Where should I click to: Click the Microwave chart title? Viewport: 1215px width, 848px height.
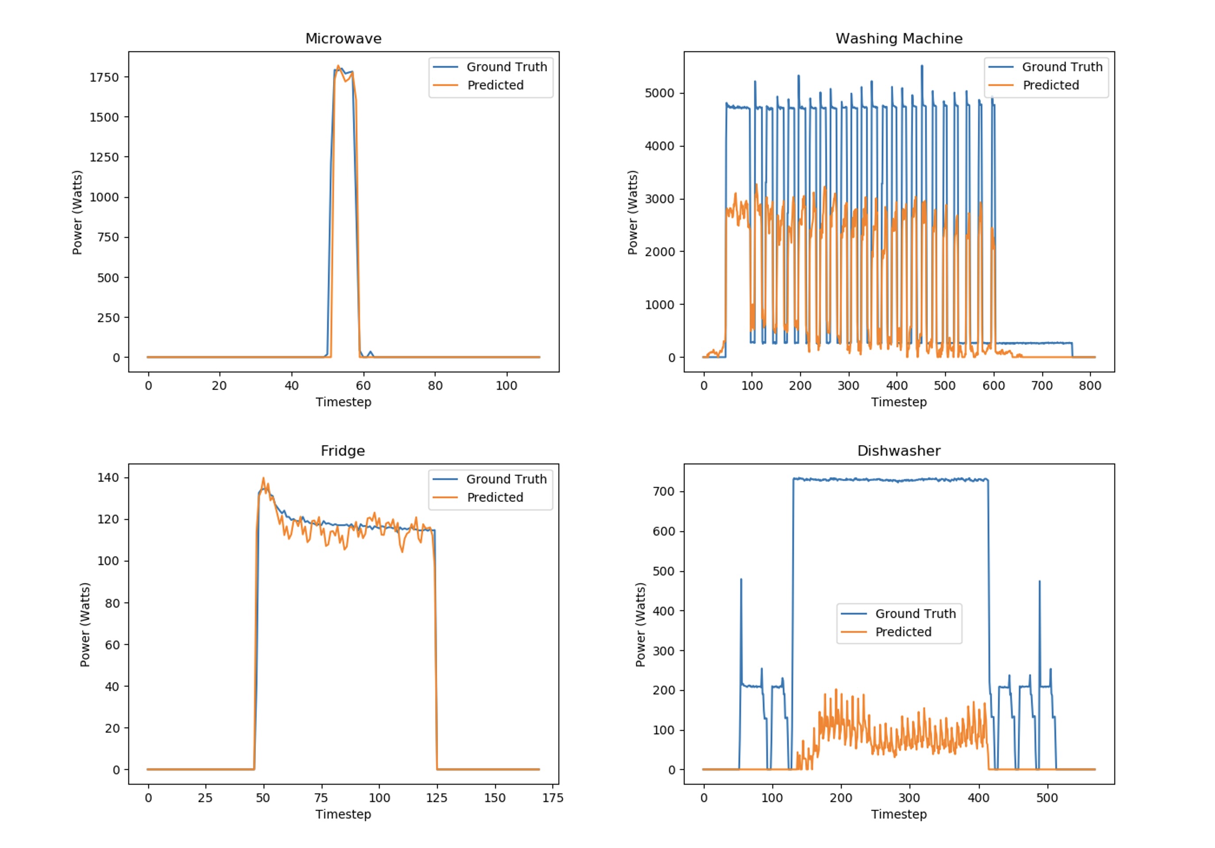tap(343, 39)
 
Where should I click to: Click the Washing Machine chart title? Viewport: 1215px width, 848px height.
tap(899, 39)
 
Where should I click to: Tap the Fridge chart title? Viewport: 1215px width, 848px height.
tap(343, 451)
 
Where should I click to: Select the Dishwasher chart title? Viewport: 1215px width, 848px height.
tap(899, 451)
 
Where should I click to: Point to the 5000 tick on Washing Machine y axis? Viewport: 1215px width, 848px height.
tap(660, 93)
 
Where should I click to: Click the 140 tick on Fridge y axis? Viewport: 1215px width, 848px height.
tap(108, 477)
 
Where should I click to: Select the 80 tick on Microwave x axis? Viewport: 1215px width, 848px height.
tap(435, 386)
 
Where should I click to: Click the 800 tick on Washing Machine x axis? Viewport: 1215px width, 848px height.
tap(1090, 386)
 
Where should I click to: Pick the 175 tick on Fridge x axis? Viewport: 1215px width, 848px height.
tap(552, 798)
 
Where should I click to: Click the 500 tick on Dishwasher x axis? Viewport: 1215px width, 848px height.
tap(1047, 798)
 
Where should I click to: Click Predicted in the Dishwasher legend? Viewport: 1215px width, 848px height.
tap(903, 632)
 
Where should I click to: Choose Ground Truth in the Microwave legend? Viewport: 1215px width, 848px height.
tap(506, 67)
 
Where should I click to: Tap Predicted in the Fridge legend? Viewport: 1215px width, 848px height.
tap(495, 498)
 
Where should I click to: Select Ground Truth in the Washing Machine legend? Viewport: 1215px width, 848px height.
tap(1062, 67)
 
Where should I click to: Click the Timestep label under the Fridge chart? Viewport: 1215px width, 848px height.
tap(343, 815)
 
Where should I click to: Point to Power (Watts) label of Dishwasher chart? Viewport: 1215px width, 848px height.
tap(640, 625)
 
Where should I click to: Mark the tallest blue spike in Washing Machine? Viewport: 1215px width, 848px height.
tap(922, 66)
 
